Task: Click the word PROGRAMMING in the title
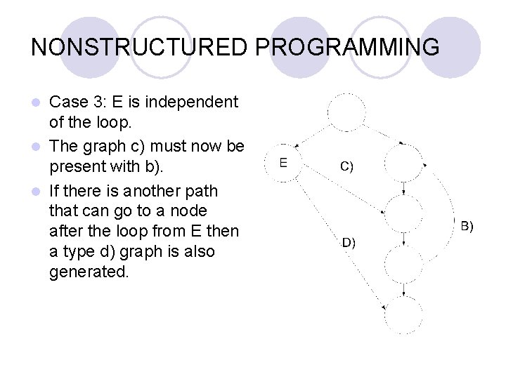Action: tap(347, 47)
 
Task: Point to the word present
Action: tap(76, 169)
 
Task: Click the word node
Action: tap(189, 211)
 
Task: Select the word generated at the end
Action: tap(89, 272)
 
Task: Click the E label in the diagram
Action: tap(283, 162)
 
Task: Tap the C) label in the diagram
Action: tap(346, 167)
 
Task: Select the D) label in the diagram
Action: tap(349, 243)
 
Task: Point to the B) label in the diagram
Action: tap(467, 226)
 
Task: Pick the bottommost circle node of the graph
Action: tap(404, 314)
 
